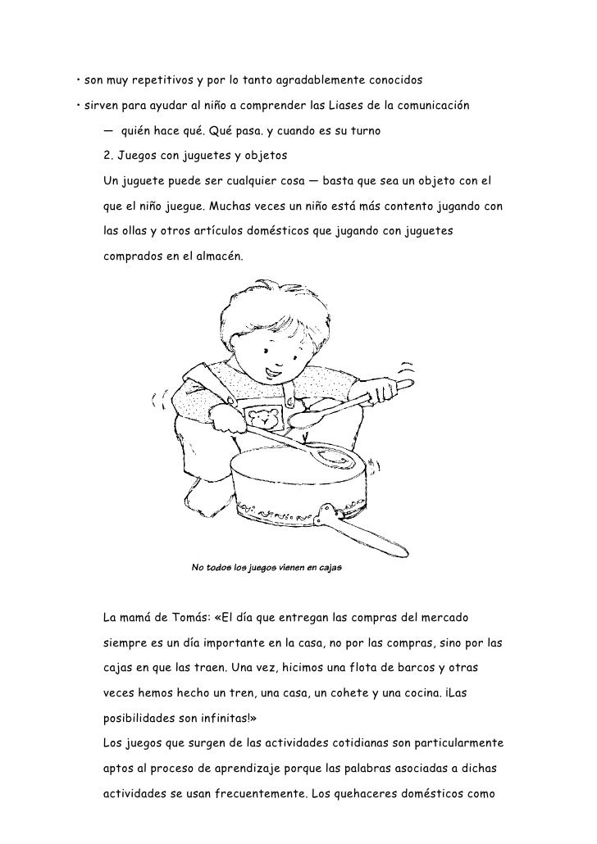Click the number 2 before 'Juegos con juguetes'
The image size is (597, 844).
click(107, 155)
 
